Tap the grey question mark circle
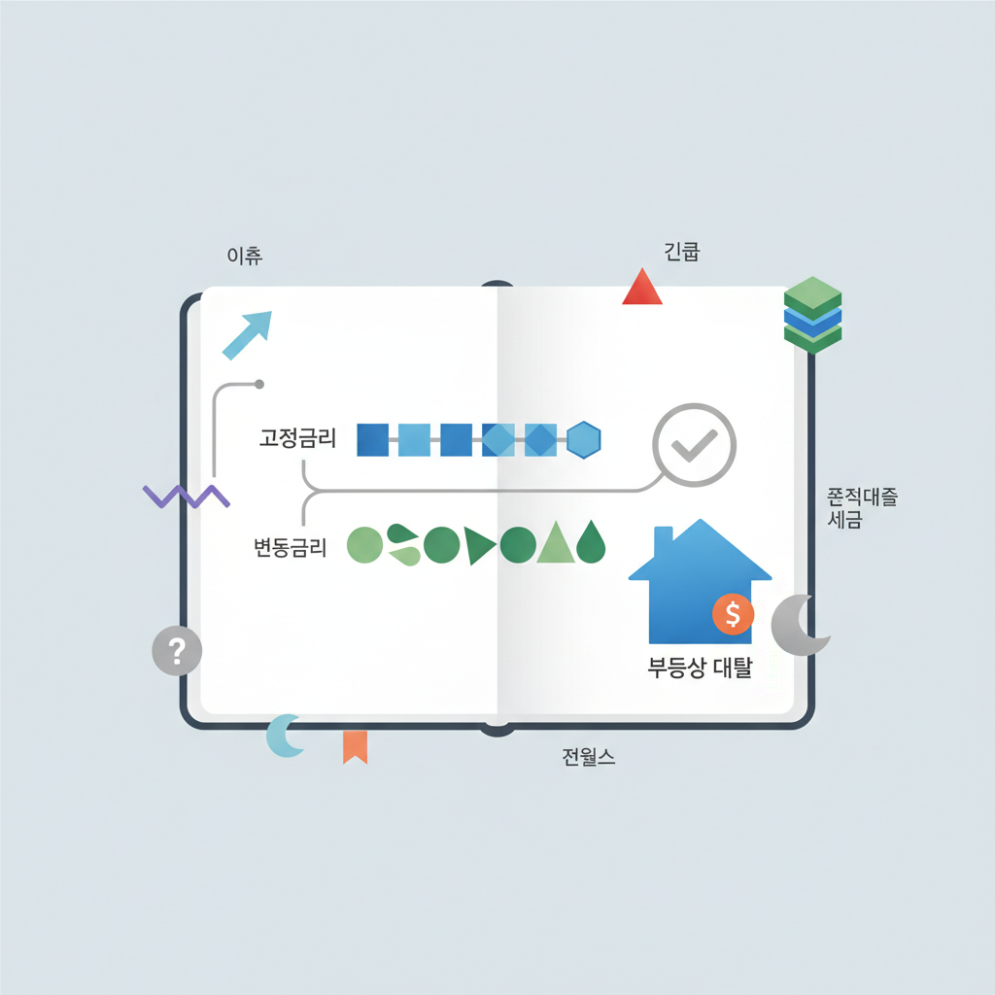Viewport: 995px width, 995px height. [x=177, y=650]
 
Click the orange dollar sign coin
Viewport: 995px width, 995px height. [x=733, y=614]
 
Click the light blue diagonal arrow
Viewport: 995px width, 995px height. [x=247, y=335]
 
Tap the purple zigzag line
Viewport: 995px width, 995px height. [x=186, y=496]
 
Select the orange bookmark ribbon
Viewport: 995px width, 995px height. [x=355, y=746]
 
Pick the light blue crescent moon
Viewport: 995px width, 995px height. [x=285, y=736]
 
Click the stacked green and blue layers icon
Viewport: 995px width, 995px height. [x=811, y=313]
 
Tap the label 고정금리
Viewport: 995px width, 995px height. [x=297, y=438]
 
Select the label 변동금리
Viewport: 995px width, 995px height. [x=290, y=548]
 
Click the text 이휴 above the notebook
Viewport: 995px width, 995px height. [x=244, y=257]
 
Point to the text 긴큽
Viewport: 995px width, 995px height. [x=682, y=254]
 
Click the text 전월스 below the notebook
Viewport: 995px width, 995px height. [x=588, y=758]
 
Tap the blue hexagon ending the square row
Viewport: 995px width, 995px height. [x=584, y=440]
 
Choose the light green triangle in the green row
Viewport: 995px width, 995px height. [x=555, y=544]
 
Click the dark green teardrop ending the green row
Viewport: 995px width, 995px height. [x=591, y=544]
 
